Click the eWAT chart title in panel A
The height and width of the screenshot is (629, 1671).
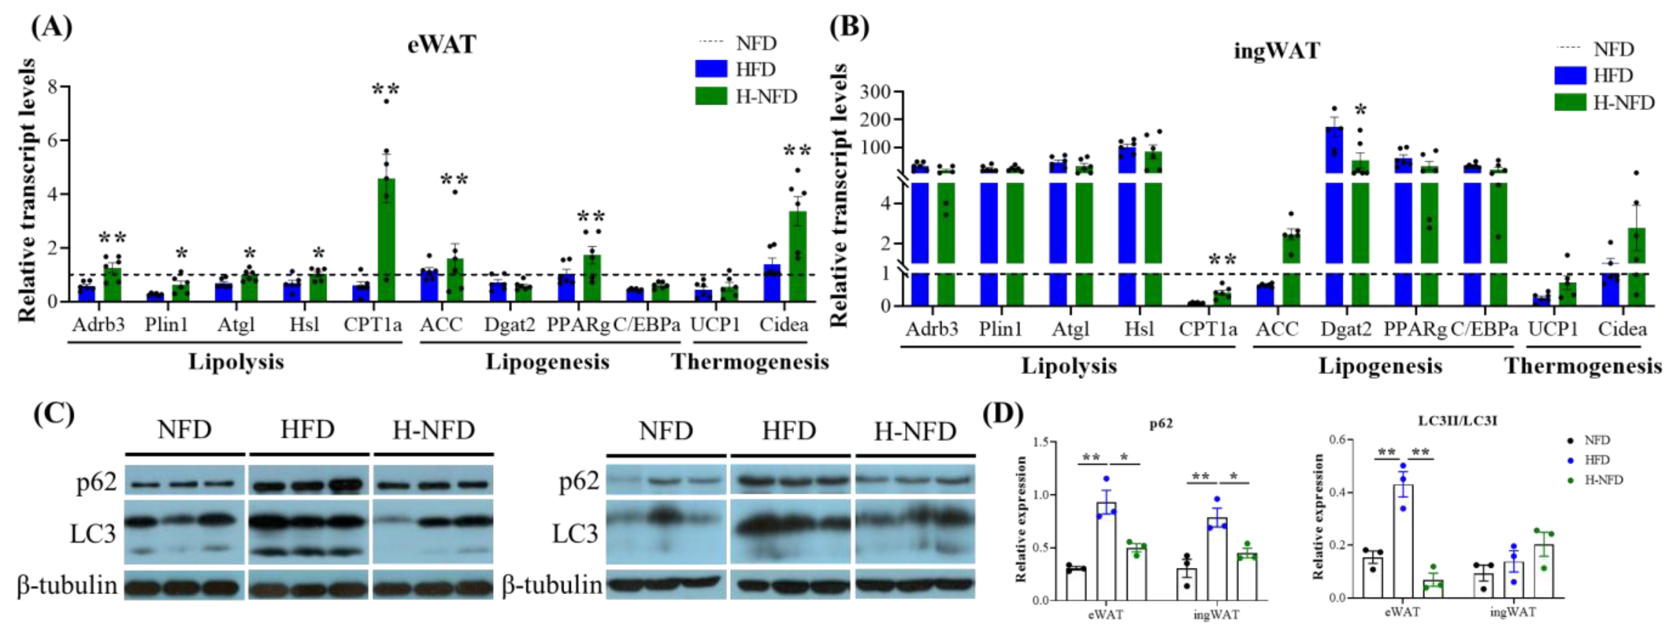(442, 44)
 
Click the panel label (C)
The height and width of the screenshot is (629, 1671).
(53, 414)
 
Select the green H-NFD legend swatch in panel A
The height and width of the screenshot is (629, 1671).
(711, 96)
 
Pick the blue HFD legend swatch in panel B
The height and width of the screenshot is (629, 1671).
(1570, 75)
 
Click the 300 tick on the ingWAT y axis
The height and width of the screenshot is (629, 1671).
(876, 92)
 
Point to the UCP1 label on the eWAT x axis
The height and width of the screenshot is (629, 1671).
(715, 324)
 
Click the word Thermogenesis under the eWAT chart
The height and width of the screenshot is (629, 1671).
(750, 362)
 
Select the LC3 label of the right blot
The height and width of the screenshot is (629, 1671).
(575, 533)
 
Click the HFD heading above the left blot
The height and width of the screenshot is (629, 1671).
(308, 430)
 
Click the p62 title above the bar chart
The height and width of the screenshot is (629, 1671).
(1161, 424)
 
